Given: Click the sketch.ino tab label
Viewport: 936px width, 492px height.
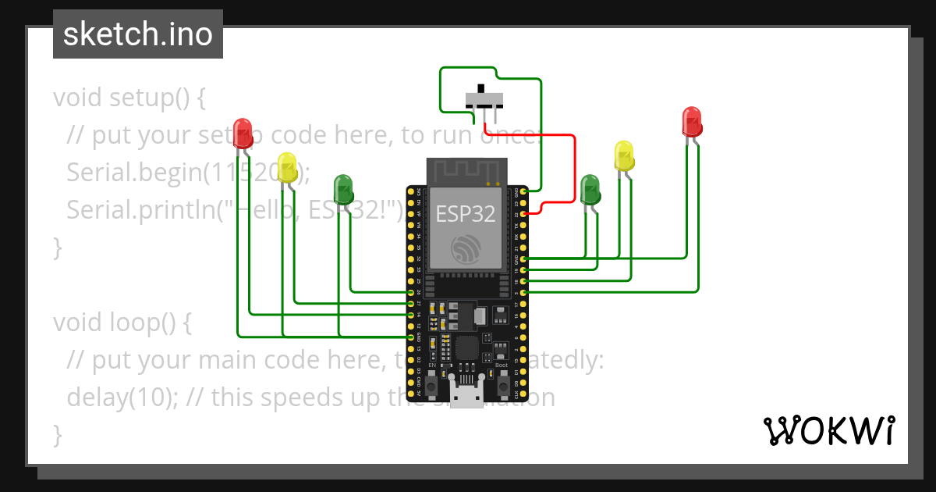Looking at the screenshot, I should point(137,34).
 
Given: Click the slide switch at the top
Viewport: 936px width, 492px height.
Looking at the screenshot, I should point(484,100).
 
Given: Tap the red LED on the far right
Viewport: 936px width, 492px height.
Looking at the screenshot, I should point(691,122).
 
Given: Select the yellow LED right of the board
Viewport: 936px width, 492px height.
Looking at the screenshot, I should point(624,155).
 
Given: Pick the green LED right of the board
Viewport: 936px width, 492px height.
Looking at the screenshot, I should point(590,190).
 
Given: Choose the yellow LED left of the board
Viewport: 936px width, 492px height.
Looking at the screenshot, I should point(288,167).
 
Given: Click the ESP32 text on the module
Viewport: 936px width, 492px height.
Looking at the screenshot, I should point(465,214).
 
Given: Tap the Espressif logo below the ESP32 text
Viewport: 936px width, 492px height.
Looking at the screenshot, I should point(465,249).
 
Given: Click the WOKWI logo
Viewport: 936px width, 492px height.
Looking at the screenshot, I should point(828,430).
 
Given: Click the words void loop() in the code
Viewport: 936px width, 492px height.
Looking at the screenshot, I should point(121,322).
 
